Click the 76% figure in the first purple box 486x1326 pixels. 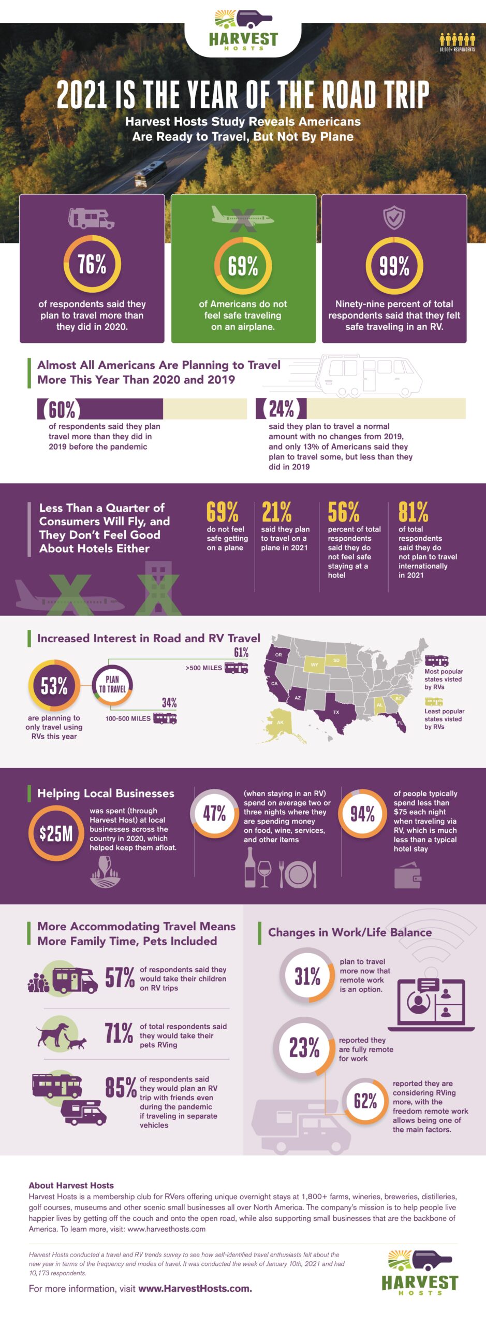click(92, 264)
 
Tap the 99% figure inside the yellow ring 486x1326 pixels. click(394, 266)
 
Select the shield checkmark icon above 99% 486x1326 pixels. click(394, 218)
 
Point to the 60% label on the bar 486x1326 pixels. click(62, 409)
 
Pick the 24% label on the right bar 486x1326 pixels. click(281, 409)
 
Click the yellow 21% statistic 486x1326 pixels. click(276, 512)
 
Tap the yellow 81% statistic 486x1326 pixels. click(413, 512)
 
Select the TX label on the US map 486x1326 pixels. click(336, 712)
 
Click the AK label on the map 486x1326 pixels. click(280, 722)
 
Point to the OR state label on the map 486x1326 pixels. click(278, 655)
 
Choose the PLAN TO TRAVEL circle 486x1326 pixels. click(113, 685)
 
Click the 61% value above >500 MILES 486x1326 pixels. click(241, 652)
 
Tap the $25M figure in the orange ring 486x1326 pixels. click(56, 834)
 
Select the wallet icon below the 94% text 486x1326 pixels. click(407, 876)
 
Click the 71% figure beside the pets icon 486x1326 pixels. click(119, 1033)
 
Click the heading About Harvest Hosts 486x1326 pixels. click(71, 1185)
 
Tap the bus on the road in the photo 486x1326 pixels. click(151, 173)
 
